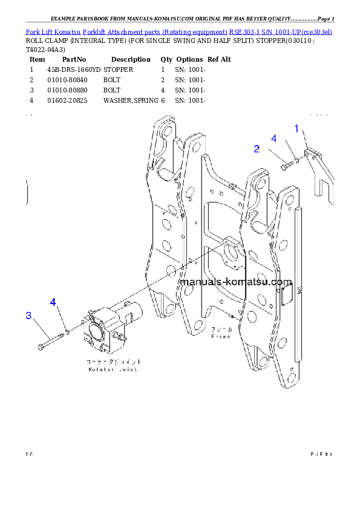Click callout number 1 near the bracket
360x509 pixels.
click(296, 128)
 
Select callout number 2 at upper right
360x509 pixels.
click(257, 149)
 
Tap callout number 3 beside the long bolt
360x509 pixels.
click(28, 316)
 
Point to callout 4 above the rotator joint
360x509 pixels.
click(53, 302)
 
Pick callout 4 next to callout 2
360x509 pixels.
click(273, 138)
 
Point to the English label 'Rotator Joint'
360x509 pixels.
click(113, 369)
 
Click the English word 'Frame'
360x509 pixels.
click(220, 337)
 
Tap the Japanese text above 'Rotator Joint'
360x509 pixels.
click(113, 361)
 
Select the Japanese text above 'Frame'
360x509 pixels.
click(220, 330)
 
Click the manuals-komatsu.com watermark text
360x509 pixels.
click(236, 282)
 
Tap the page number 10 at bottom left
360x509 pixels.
click(28, 453)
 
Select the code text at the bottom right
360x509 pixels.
click(321, 453)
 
